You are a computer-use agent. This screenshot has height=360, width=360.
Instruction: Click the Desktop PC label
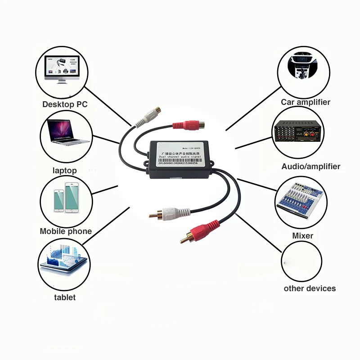(65, 104)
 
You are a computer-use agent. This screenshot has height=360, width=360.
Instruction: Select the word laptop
(64, 171)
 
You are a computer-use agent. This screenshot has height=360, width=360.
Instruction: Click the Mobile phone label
(66, 231)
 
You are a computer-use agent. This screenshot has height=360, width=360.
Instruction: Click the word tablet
(65, 297)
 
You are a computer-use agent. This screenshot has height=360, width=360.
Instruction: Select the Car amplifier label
(306, 102)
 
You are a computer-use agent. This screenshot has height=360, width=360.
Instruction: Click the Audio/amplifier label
(311, 166)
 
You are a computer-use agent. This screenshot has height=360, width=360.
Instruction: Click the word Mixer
(303, 235)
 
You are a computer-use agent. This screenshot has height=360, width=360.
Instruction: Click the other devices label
(310, 288)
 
